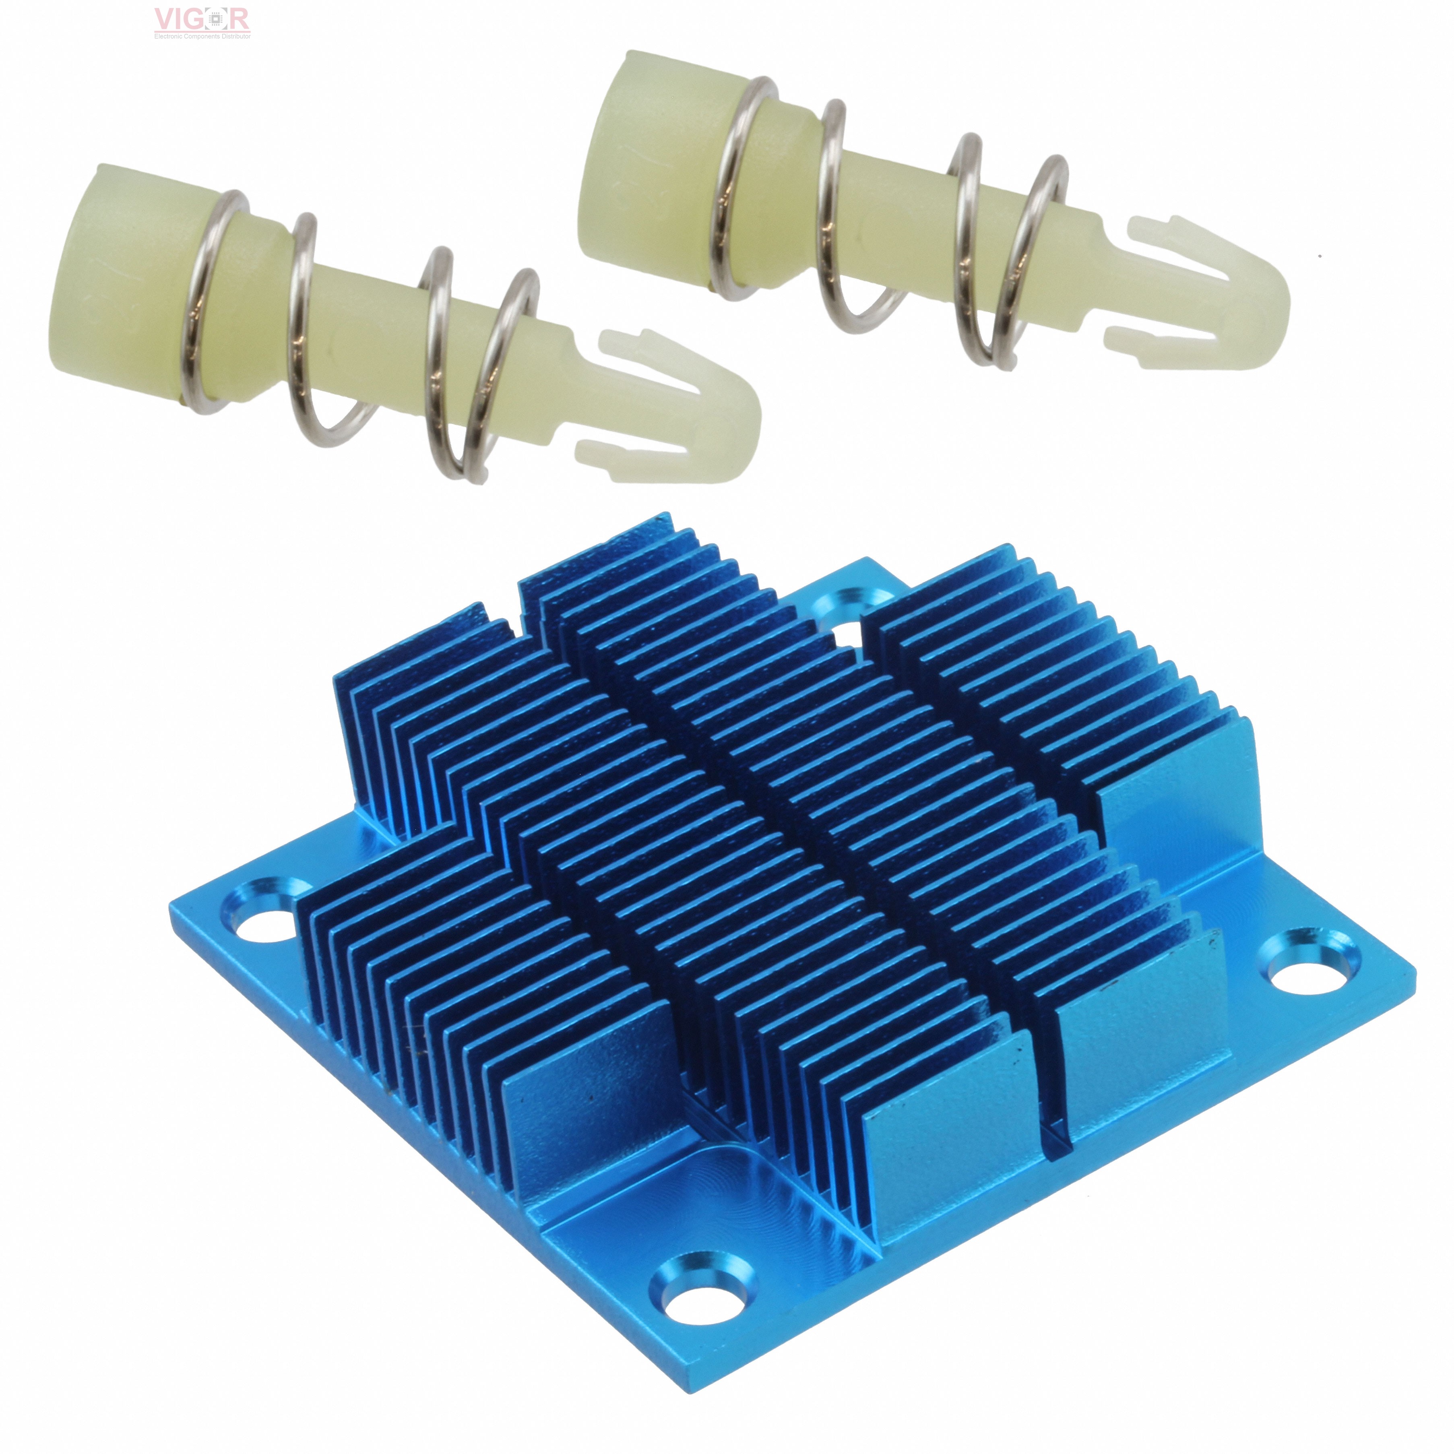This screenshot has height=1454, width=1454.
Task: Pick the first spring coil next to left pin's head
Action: [211, 301]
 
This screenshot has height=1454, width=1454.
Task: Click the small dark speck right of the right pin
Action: [1319, 256]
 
